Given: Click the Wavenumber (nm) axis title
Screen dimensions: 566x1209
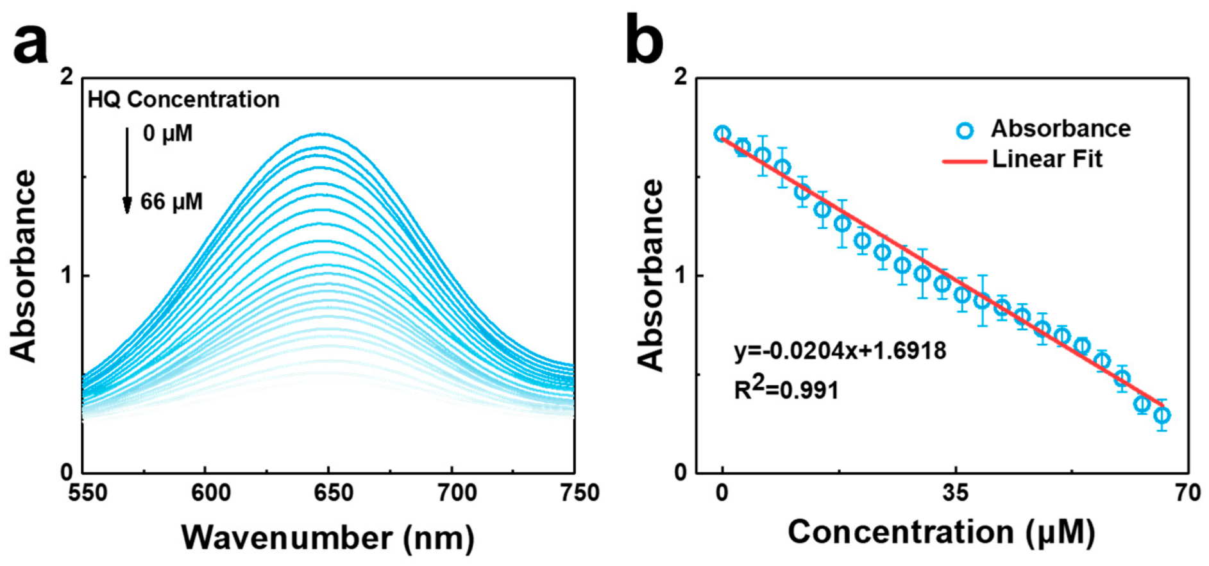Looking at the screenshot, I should pos(328,537).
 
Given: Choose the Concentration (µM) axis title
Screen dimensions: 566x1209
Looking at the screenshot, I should pos(941,532).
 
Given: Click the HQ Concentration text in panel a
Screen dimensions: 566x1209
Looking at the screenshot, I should pos(183,99).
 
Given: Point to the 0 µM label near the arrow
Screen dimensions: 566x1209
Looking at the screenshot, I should pos(167,133).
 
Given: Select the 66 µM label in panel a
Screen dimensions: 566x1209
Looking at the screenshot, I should pos(171,202).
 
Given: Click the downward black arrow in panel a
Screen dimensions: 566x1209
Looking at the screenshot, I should pos(127,171).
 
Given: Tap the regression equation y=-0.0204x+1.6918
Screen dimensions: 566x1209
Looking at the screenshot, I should pos(840,351).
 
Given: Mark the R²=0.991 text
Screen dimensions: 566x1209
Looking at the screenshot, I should pos(786,389).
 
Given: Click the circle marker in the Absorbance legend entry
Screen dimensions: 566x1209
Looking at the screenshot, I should pos(964,130).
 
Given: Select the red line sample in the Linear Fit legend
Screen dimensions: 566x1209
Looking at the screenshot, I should pos(963,161).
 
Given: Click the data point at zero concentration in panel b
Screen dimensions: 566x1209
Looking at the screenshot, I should pos(723,134).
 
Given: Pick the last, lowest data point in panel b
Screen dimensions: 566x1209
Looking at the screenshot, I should pos(1162,415).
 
